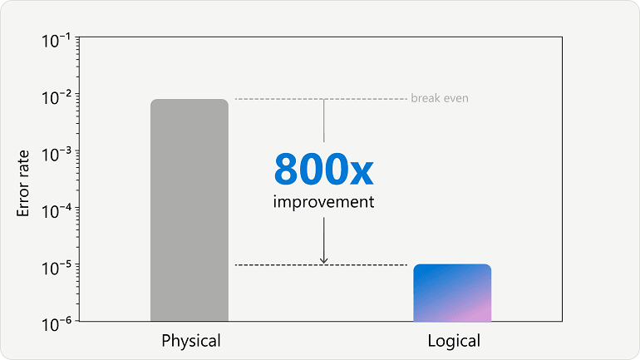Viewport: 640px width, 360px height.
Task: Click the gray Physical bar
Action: click(x=190, y=210)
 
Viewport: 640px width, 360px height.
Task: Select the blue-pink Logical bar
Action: click(x=452, y=293)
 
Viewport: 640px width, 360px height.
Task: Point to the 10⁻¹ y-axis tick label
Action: click(x=56, y=41)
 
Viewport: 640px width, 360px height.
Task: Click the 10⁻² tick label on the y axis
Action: click(x=56, y=97)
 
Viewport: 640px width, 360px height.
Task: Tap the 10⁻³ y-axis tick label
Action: click(x=56, y=155)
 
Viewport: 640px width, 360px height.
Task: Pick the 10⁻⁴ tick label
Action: click(x=56, y=211)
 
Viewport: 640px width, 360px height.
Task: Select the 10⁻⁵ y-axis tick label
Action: click(x=56, y=268)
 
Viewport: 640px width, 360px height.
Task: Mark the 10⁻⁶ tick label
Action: click(x=56, y=324)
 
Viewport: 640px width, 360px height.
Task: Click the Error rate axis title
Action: click(x=23, y=183)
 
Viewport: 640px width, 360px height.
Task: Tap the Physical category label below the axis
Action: click(x=191, y=341)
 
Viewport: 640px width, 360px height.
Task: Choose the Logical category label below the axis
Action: click(x=454, y=341)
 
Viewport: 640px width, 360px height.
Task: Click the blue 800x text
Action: click(x=323, y=169)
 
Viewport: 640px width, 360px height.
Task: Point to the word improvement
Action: click(x=323, y=202)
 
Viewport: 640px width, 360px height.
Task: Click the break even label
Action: click(x=440, y=98)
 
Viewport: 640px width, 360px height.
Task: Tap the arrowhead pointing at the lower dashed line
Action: click(x=323, y=260)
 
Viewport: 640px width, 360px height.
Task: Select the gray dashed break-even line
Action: click(x=321, y=99)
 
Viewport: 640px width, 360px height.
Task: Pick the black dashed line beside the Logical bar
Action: click(x=321, y=265)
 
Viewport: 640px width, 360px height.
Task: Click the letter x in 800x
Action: click(x=362, y=173)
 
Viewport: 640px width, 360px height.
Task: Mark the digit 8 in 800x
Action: click(x=286, y=169)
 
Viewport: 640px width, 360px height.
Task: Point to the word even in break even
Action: click(x=456, y=98)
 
